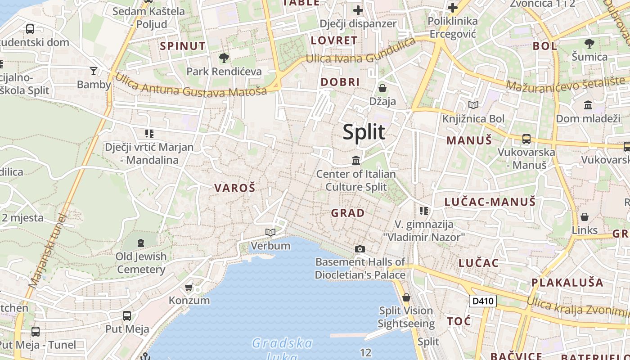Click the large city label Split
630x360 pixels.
(x=364, y=132)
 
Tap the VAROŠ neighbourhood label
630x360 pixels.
(x=234, y=188)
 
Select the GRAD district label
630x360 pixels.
(x=348, y=213)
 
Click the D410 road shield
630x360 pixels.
(x=482, y=301)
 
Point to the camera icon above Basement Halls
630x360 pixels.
(x=360, y=249)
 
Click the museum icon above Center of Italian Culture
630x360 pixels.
(x=356, y=160)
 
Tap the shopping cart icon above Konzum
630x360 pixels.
(x=189, y=287)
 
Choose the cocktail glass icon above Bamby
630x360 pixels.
(x=94, y=71)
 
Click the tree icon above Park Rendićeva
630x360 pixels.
(x=224, y=58)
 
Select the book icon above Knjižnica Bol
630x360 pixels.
(x=473, y=105)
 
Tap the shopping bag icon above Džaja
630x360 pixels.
(x=382, y=88)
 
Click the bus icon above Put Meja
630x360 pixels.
(x=127, y=315)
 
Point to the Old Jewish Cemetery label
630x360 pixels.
(x=141, y=263)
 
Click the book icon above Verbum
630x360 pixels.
(x=270, y=232)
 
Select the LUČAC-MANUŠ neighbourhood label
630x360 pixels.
(x=490, y=202)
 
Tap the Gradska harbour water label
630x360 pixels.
(x=282, y=344)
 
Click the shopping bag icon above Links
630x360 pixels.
(x=585, y=217)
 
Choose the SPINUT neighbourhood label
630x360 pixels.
(x=183, y=46)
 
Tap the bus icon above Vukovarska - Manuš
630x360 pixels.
(x=526, y=139)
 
